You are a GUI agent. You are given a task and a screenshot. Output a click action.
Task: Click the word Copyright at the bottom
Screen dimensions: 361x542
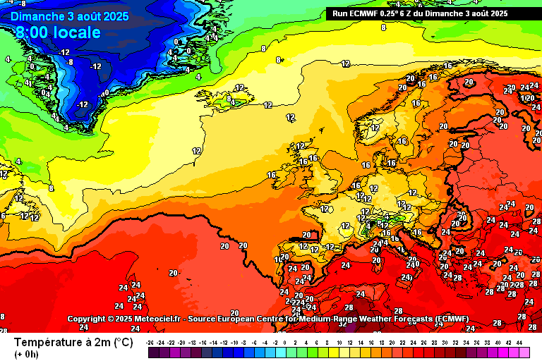[90, 319]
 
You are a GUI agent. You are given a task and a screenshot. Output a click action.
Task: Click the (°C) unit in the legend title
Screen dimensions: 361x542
[121, 342]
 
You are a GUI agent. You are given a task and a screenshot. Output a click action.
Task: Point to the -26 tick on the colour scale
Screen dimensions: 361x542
[150, 341]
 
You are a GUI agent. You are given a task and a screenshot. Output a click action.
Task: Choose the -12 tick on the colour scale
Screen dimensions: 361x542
[223, 341]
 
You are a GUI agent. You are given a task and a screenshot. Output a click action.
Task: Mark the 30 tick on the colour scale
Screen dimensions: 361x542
[445, 341]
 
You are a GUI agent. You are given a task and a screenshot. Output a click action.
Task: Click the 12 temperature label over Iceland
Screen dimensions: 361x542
[240, 88]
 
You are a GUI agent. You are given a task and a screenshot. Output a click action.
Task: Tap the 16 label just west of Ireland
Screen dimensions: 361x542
[272, 175]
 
